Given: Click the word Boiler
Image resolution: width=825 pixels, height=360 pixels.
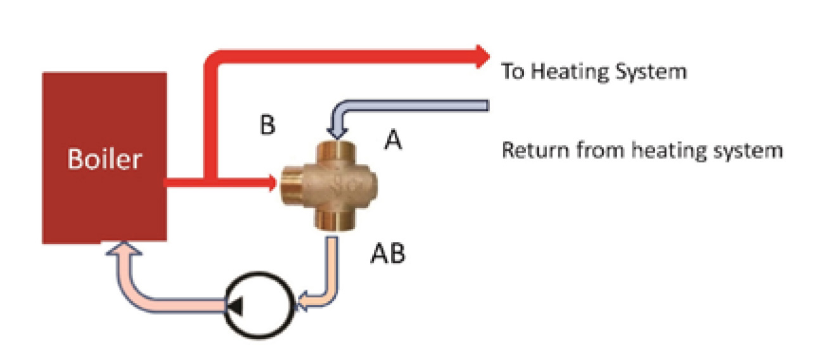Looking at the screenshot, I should pyautogui.click(x=104, y=159).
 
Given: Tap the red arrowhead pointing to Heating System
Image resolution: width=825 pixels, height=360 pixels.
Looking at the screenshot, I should pyautogui.click(x=483, y=56).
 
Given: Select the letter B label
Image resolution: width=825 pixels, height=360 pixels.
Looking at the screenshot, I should pyautogui.click(x=267, y=125).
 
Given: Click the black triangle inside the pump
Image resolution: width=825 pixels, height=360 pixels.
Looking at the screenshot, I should pyautogui.click(x=234, y=307).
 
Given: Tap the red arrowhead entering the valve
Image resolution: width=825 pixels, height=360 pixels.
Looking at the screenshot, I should pyautogui.click(x=272, y=183).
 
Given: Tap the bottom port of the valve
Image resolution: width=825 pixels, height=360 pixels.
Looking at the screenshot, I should pyautogui.click(x=335, y=222).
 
